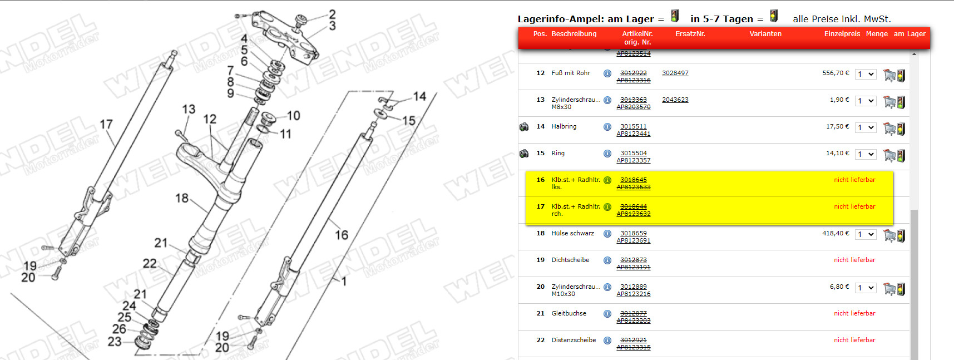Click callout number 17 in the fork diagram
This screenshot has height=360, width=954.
(x=106, y=124)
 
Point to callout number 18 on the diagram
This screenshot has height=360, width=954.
(x=182, y=198)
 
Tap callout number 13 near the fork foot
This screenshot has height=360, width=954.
(x=189, y=109)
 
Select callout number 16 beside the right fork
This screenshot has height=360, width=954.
(x=342, y=235)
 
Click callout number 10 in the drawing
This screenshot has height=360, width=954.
(x=294, y=115)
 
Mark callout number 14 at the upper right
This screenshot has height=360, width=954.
(x=419, y=96)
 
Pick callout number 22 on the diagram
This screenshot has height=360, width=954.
(x=150, y=263)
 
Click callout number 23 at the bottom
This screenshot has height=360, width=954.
(x=115, y=341)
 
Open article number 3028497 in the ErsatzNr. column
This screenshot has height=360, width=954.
(x=675, y=73)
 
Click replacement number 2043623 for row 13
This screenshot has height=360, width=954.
(x=675, y=100)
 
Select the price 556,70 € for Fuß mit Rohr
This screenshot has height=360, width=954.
(x=836, y=73)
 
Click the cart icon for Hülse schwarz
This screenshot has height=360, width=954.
(x=889, y=236)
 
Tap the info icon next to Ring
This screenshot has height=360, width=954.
(x=607, y=154)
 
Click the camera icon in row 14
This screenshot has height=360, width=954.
(x=524, y=127)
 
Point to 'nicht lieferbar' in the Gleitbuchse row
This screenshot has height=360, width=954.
(x=854, y=313)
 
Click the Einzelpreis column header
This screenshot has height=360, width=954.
(x=842, y=34)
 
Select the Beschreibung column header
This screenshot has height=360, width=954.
(x=574, y=34)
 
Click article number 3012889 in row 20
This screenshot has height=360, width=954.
(x=634, y=287)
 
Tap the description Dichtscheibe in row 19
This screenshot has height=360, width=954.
(x=570, y=260)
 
